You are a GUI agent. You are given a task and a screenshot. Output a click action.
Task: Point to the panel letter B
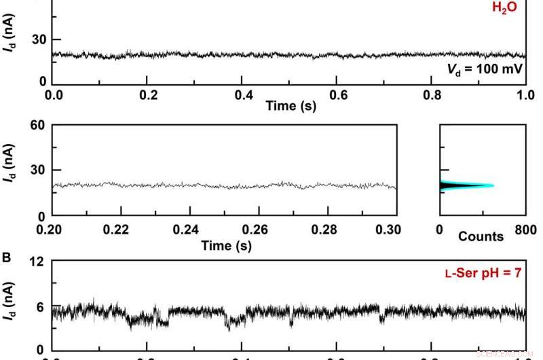(7, 258)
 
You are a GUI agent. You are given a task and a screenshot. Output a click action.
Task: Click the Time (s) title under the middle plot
(226, 245)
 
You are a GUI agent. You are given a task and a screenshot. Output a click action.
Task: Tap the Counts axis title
(481, 236)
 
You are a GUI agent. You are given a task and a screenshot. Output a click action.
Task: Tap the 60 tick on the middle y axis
(38, 125)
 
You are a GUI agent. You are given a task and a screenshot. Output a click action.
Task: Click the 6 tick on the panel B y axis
(41, 307)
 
